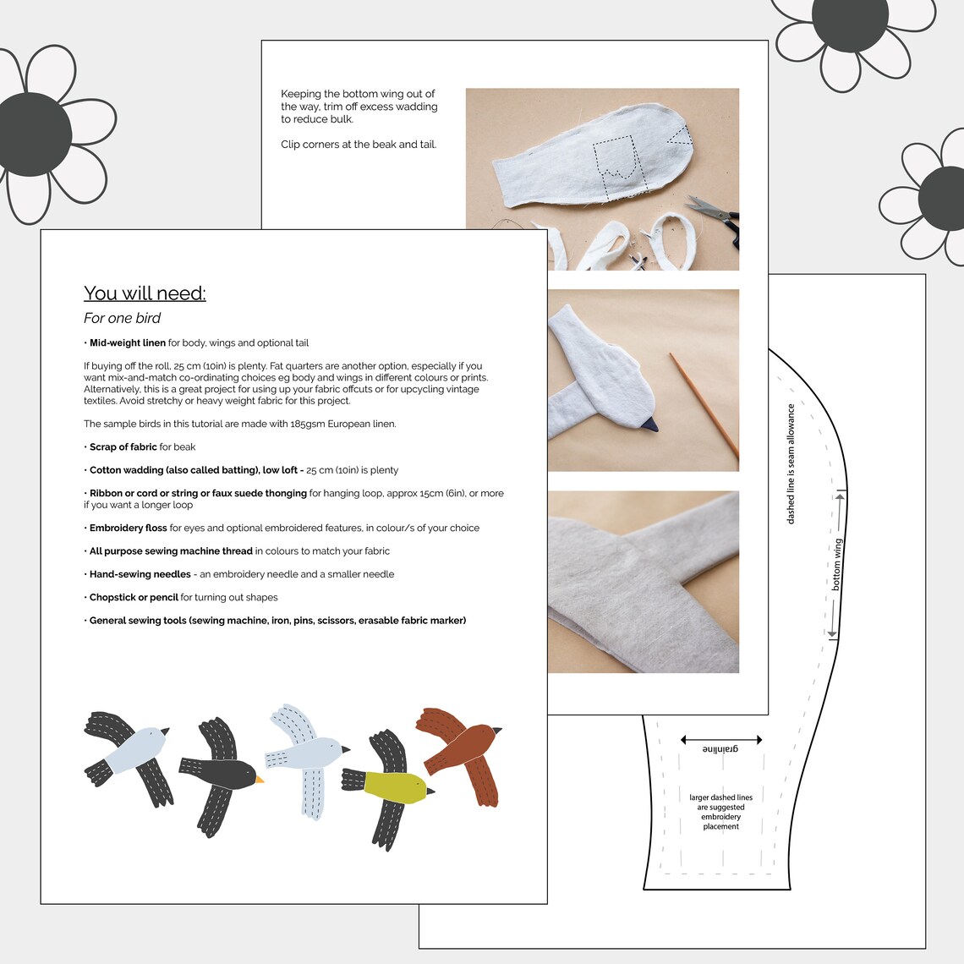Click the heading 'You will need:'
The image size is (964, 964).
(x=145, y=293)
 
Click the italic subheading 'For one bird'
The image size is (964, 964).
(x=122, y=319)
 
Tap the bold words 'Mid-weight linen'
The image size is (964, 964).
(x=128, y=343)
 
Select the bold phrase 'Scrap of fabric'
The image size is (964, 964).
(x=123, y=447)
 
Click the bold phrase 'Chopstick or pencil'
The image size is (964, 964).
(x=134, y=598)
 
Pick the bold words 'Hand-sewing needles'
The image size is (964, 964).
(x=140, y=575)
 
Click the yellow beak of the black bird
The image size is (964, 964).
(x=260, y=780)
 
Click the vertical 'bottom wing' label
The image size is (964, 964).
(x=837, y=564)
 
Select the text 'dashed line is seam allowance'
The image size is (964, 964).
(x=791, y=464)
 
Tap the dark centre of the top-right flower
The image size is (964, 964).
(x=849, y=20)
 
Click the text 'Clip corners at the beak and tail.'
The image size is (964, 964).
(x=359, y=145)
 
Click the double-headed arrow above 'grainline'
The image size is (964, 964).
(x=721, y=740)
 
